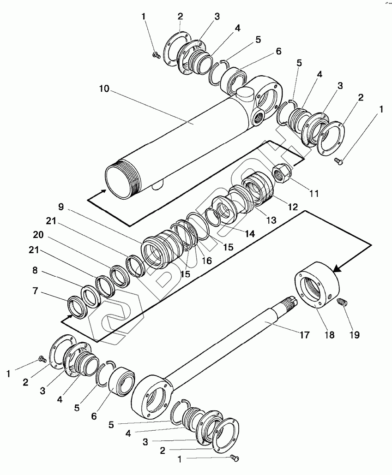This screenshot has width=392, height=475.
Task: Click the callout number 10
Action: (x=104, y=89)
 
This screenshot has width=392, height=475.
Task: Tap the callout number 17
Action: (x=304, y=335)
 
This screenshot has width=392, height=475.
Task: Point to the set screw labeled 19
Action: (x=342, y=303)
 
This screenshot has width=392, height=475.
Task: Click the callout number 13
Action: (x=271, y=220)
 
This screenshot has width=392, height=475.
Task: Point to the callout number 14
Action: (x=250, y=234)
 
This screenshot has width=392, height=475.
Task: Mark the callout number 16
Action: (x=206, y=261)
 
